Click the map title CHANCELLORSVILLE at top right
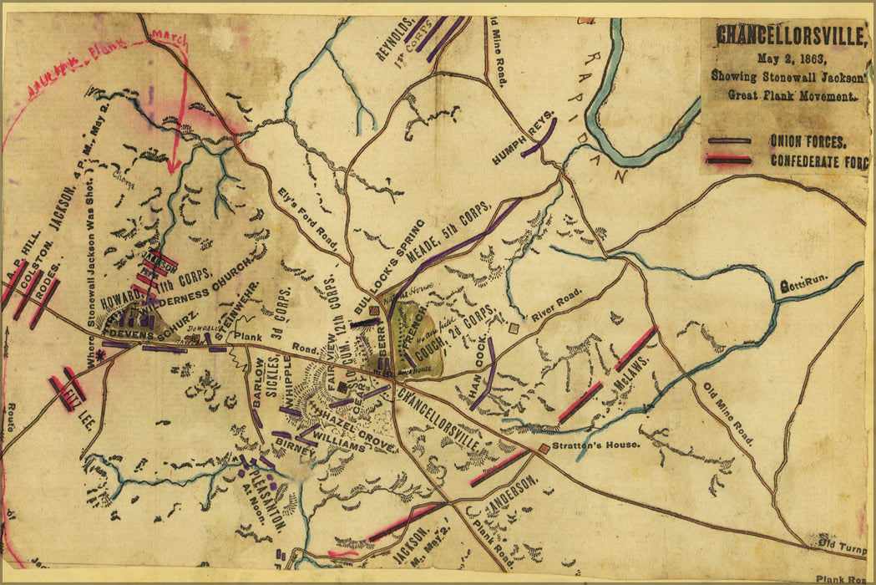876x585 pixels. tap(790, 37)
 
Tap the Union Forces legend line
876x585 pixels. tap(728, 140)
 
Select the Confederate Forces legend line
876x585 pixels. tap(728, 160)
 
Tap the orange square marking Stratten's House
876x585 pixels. tap(544, 449)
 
